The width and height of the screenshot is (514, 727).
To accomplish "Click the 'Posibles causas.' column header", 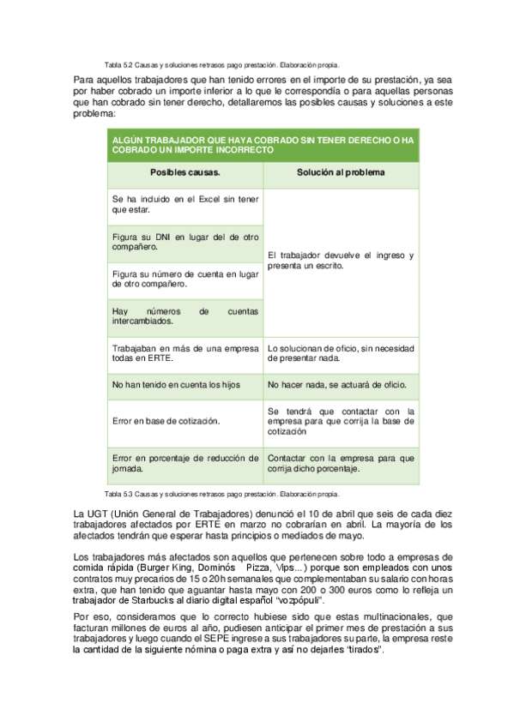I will click(184, 173).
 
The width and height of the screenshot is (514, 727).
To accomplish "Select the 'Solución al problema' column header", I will click(341, 173).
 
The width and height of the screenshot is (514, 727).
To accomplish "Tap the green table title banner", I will click(263, 144).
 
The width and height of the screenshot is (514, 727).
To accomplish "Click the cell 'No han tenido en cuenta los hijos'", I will click(176, 386).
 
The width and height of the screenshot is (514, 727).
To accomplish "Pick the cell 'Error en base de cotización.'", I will click(166, 421).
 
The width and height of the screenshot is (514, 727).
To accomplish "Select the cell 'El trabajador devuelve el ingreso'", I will click(341, 261).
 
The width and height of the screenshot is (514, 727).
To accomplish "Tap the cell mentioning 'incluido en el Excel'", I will click(184, 204).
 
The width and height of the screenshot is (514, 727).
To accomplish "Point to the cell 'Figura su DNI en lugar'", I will click(184, 241).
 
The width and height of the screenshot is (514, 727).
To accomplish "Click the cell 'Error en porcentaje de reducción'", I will click(184, 463).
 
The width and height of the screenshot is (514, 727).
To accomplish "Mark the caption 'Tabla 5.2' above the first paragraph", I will click(117, 64).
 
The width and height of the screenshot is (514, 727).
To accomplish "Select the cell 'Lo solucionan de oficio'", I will click(341, 353).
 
